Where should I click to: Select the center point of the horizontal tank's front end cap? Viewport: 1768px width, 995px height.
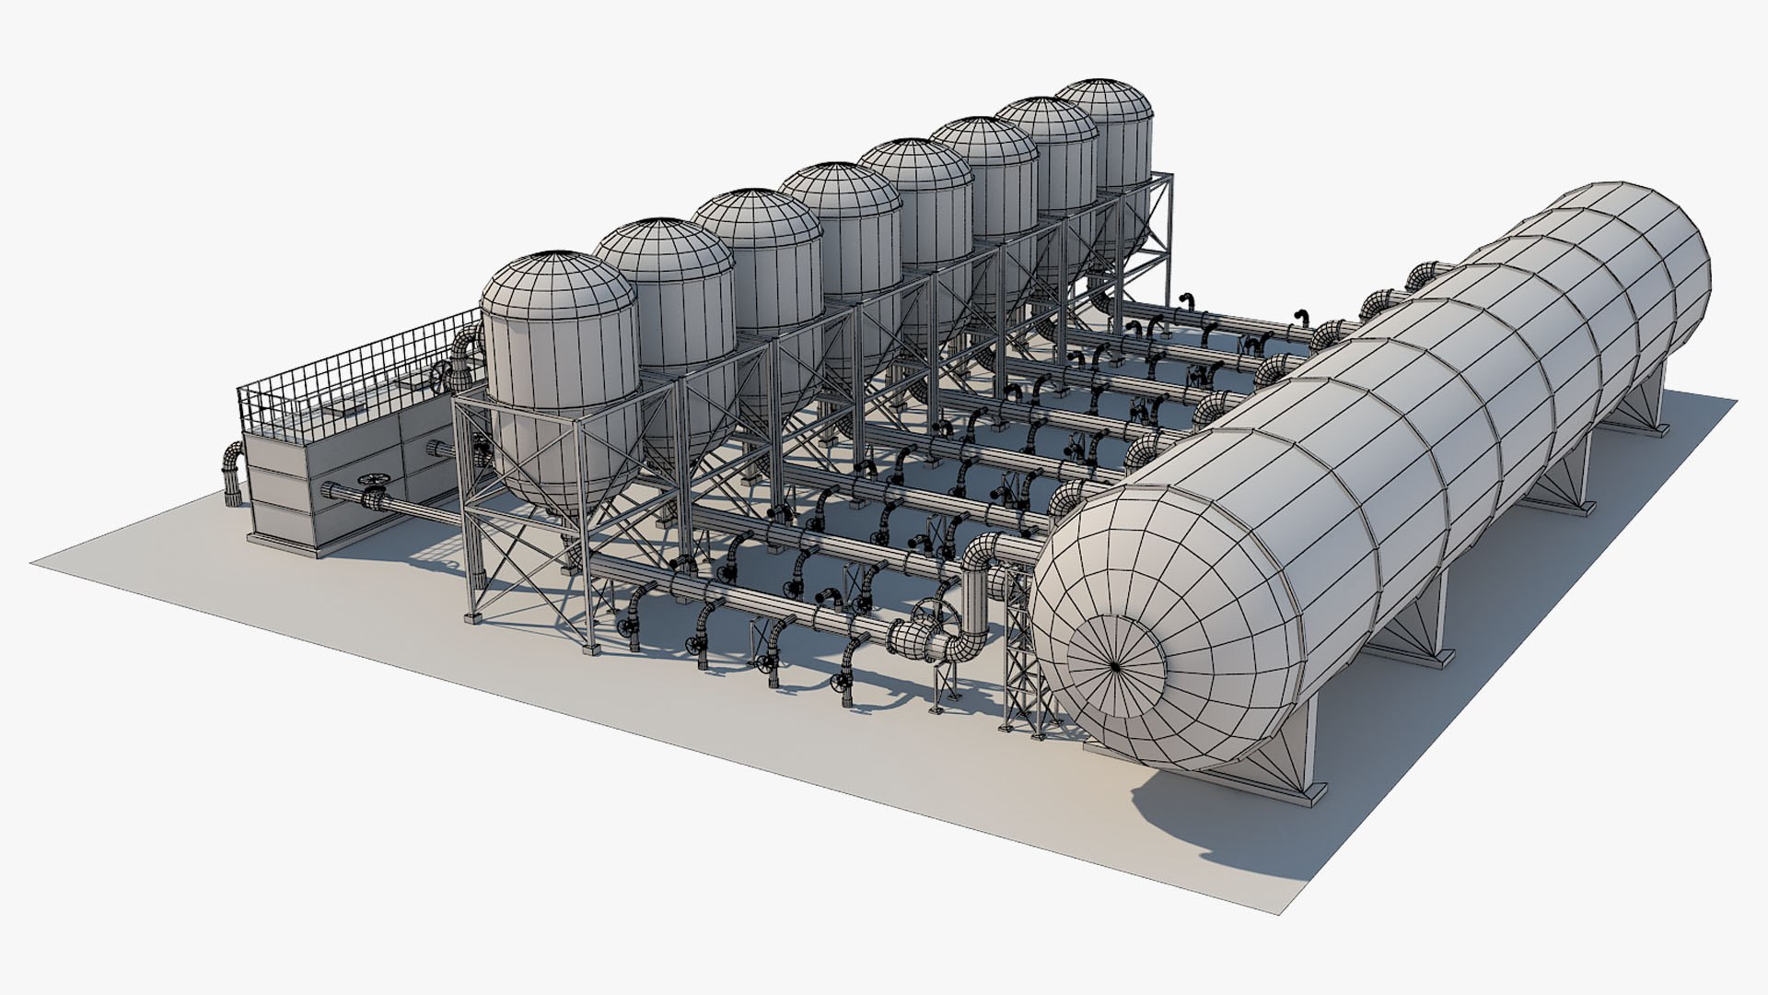[x=1113, y=664]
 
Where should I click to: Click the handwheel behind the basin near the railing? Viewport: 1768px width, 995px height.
[x=446, y=377]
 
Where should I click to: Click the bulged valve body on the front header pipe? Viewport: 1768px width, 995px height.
[x=913, y=637]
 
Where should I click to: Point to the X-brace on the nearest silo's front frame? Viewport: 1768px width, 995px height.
[x=525, y=562]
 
